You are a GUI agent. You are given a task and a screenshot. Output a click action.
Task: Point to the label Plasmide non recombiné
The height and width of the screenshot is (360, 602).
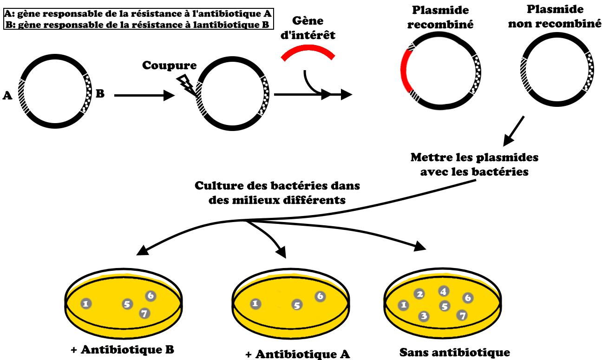pyautogui.click(x=555, y=17)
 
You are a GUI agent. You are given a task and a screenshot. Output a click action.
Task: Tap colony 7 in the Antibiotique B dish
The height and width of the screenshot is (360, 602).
pyautogui.click(x=144, y=314)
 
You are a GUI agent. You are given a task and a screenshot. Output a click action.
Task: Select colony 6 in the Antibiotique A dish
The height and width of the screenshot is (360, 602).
pyautogui.click(x=320, y=296)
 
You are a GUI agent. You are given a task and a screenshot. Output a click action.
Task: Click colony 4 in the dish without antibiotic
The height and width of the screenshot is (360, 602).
pyautogui.click(x=443, y=291)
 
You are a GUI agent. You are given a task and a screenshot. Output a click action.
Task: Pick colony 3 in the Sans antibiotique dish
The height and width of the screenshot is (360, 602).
pyautogui.click(x=423, y=316)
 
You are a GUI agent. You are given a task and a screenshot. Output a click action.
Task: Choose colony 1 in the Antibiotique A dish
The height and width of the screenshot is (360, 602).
pyautogui.click(x=255, y=304)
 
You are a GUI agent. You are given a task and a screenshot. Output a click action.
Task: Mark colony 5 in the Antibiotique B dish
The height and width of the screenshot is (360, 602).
pyautogui.click(x=127, y=304)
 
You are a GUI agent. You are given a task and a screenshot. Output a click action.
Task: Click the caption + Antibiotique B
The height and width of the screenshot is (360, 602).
pyautogui.click(x=122, y=349)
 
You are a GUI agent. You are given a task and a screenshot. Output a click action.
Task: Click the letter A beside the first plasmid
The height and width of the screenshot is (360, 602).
pyautogui.click(x=7, y=96)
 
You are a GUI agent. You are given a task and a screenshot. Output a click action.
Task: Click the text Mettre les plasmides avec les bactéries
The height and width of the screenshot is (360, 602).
pyautogui.click(x=474, y=164)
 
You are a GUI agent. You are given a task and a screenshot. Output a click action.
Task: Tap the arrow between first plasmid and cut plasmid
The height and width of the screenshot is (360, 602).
pyautogui.click(x=144, y=95)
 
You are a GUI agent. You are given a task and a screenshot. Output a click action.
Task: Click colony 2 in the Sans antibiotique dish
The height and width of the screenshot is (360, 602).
pyautogui.click(x=419, y=294)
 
